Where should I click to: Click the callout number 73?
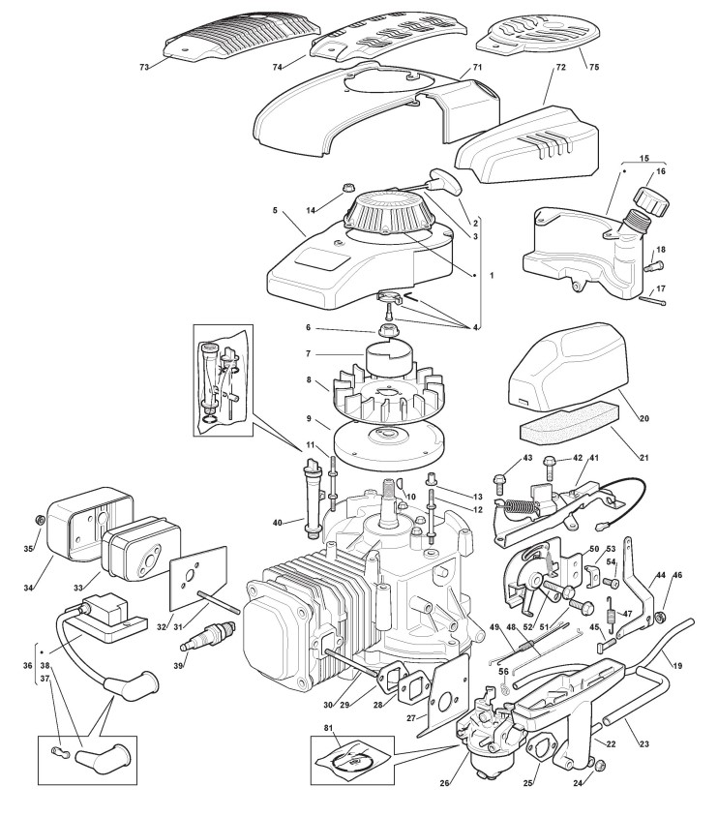tap(145, 67)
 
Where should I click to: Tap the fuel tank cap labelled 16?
tap(650, 200)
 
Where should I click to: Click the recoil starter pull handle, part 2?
tap(445, 180)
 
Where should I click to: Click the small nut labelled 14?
tap(346, 188)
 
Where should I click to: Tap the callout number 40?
tap(277, 523)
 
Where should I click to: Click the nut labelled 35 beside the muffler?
tap(38, 520)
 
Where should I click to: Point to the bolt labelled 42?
tap(549, 468)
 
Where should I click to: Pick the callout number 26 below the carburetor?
tap(444, 797)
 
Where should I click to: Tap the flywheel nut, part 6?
tap(385, 329)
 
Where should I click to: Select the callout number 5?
tap(275, 210)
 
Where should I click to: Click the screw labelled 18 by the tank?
tap(654, 266)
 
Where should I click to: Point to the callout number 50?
tap(594, 549)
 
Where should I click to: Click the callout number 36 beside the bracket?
tap(28, 665)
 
